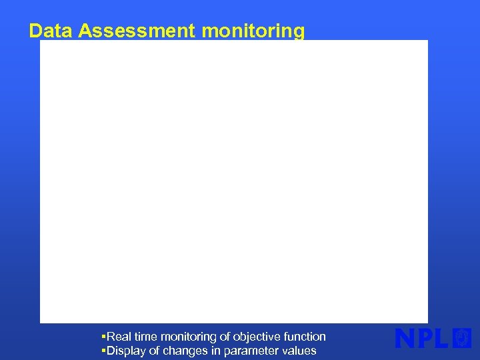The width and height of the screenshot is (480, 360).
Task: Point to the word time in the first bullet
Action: click(x=146, y=337)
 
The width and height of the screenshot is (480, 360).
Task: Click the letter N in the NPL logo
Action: click(x=407, y=339)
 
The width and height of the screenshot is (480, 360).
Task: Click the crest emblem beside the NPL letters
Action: click(x=462, y=338)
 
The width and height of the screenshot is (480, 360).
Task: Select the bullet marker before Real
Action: click(x=103, y=337)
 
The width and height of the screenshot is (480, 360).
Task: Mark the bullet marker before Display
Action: click(x=103, y=351)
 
